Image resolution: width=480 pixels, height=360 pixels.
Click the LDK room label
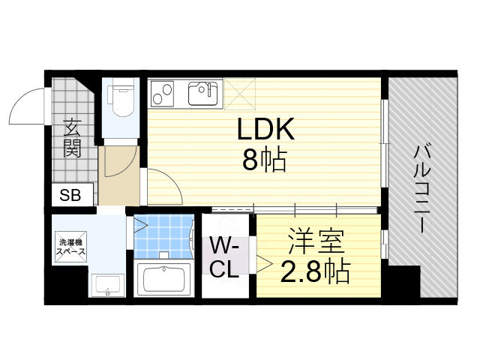click(x=265, y=132)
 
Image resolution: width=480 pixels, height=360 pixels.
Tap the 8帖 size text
click(x=264, y=160)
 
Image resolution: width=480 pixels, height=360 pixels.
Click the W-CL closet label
click(x=224, y=257)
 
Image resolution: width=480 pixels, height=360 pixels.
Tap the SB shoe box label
click(x=70, y=196)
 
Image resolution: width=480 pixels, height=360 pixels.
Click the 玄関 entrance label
click(x=72, y=137)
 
